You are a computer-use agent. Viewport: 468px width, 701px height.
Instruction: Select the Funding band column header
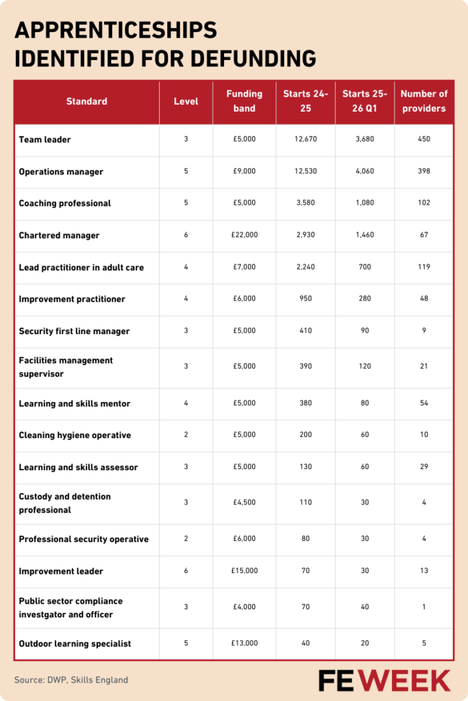pyautogui.click(x=244, y=101)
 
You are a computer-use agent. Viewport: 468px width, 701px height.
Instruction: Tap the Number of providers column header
pyautogui.click(x=423, y=101)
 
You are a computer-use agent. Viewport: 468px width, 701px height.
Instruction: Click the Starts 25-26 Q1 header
pyautogui.click(x=365, y=101)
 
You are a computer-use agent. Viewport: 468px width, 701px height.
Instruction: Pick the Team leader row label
pyautogui.click(x=45, y=140)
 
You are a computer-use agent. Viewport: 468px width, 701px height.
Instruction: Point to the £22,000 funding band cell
pyautogui.click(x=244, y=235)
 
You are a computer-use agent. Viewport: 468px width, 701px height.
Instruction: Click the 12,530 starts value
pyautogui.click(x=306, y=172)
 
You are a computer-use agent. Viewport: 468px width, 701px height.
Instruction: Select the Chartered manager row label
pyautogui.click(x=59, y=235)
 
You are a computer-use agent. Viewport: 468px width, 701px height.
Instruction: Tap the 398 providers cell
pyautogui.click(x=423, y=172)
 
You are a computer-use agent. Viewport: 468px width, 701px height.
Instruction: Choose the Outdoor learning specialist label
pyautogui.click(x=75, y=643)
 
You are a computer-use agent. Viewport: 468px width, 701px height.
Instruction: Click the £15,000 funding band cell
pyautogui.click(x=244, y=571)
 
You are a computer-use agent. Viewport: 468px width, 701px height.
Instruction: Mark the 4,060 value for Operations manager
pyautogui.click(x=365, y=172)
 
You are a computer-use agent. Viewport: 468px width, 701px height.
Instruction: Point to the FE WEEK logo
pyautogui.click(x=384, y=680)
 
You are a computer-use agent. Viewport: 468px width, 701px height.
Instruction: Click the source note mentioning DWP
pyautogui.click(x=71, y=680)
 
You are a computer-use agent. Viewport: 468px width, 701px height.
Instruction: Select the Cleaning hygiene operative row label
pyautogui.click(x=75, y=435)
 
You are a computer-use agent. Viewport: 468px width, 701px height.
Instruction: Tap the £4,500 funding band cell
pyautogui.click(x=244, y=503)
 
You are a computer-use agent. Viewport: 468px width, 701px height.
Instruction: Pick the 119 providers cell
pyautogui.click(x=423, y=268)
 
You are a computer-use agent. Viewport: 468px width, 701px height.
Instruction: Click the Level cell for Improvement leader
pyautogui.click(x=186, y=571)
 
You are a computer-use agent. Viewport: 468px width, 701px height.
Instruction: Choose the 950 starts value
pyautogui.click(x=306, y=299)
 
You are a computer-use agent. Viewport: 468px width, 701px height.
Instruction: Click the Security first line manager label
pyautogui.click(x=74, y=331)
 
